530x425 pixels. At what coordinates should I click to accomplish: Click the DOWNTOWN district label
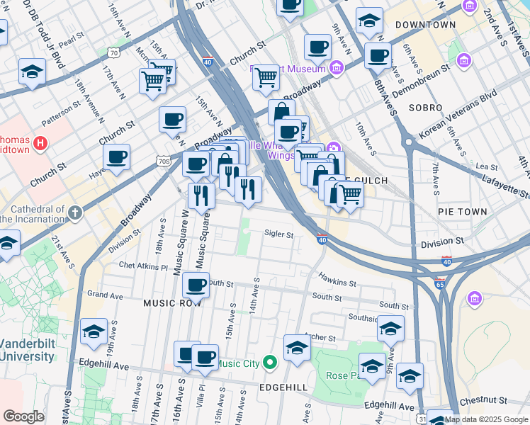(425, 25)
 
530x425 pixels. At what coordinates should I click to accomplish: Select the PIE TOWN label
(462, 212)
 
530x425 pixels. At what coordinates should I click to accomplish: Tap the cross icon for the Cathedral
(73, 211)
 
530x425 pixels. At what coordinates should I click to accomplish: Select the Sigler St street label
(278, 234)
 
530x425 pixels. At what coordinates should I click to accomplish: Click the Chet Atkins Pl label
(143, 267)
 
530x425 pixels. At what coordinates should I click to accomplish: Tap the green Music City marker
(269, 364)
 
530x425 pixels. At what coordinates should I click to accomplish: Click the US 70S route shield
(164, 161)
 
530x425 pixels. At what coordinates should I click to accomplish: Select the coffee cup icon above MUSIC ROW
(196, 285)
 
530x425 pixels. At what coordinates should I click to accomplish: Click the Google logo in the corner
(24, 416)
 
